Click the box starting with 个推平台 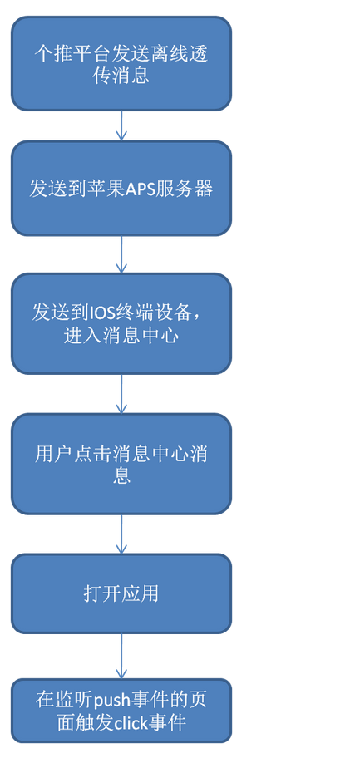121,63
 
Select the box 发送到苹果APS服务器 121,188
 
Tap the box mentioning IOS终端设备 121,323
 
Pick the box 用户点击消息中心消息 121,464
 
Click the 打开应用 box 121,593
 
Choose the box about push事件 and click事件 121,710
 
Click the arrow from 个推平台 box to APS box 121,126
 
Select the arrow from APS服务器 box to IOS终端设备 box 121,254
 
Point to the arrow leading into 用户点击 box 121,393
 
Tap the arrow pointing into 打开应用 121,534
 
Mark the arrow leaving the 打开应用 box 121,656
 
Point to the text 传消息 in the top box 121,76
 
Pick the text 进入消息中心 121,336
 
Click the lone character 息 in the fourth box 121,475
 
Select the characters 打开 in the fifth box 101,593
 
